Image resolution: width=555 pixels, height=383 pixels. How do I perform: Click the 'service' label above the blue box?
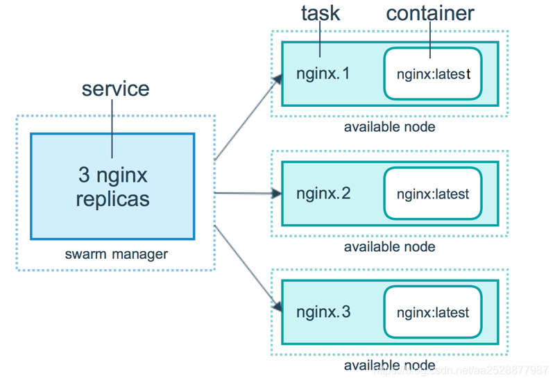pyautogui.click(x=115, y=90)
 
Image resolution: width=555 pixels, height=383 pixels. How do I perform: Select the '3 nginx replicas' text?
pyautogui.click(x=112, y=187)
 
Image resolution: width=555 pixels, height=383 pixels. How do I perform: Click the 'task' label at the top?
pyautogui.click(x=320, y=12)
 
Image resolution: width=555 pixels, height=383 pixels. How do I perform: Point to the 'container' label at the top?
pyautogui.click(x=430, y=12)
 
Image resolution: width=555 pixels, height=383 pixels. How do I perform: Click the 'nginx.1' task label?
pyautogui.click(x=323, y=74)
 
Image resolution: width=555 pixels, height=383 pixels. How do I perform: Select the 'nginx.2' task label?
pyautogui.click(x=323, y=193)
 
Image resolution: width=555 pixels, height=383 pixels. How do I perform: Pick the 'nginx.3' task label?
pyautogui.click(x=323, y=312)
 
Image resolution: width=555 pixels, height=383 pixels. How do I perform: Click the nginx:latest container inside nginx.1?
pyautogui.click(x=433, y=74)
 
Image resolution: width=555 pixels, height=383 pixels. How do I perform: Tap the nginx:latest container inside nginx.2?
pyautogui.click(x=433, y=194)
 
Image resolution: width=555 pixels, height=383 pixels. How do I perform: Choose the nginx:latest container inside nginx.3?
pyautogui.click(x=433, y=312)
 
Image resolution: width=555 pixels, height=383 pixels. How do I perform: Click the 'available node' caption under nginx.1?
pyautogui.click(x=389, y=127)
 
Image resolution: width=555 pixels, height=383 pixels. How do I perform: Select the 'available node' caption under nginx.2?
pyautogui.click(x=389, y=246)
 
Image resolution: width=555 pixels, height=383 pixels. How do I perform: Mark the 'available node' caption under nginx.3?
pyautogui.click(x=389, y=365)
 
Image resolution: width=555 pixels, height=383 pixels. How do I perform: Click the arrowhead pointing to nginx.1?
pyautogui.click(x=277, y=78)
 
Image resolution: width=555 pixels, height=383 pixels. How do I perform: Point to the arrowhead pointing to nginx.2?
pyautogui.click(x=277, y=193)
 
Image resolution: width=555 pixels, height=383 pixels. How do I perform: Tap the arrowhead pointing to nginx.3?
pyautogui.click(x=277, y=306)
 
